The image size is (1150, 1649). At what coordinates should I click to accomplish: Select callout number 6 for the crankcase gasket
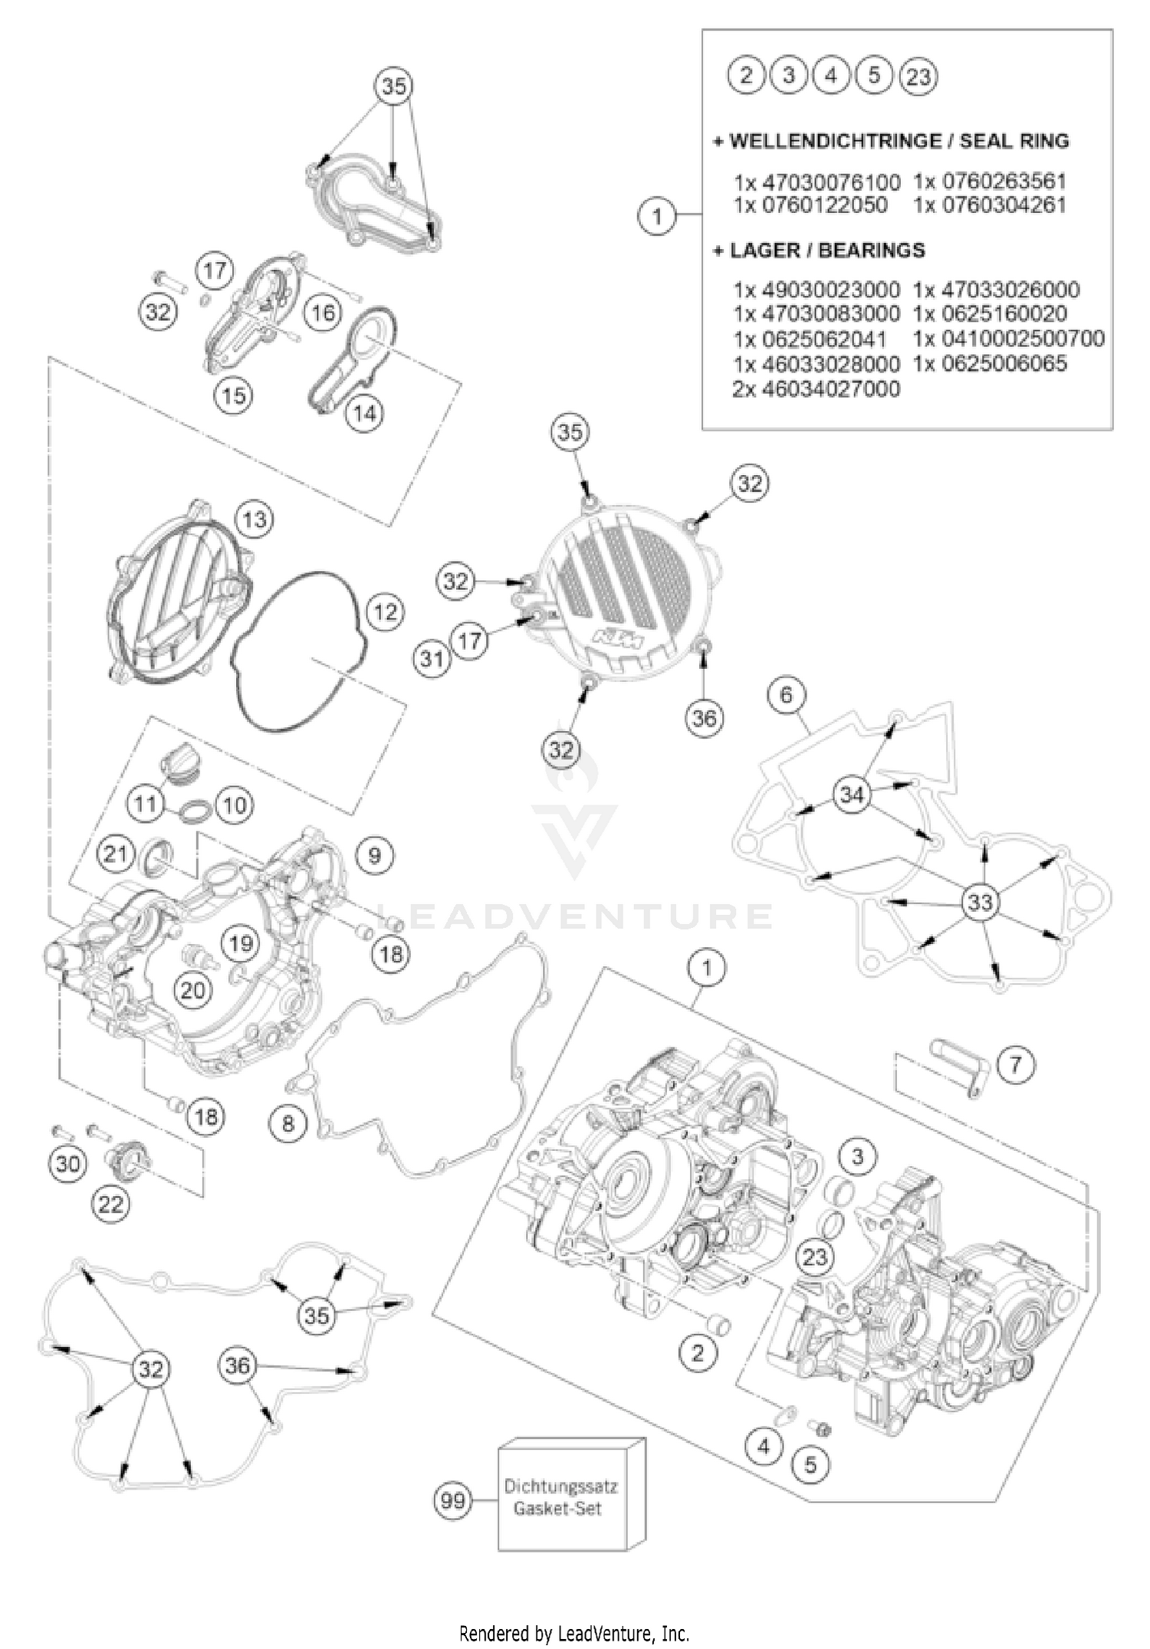point(787,696)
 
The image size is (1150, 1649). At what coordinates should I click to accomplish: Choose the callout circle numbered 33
point(980,902)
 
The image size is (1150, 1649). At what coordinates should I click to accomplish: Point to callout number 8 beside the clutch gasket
point(288,1123)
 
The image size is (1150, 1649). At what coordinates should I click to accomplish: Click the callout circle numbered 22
point(111,1204)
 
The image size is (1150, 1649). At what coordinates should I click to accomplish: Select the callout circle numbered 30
point(67,1164)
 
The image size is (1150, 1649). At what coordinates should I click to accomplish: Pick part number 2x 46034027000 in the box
point(816,388)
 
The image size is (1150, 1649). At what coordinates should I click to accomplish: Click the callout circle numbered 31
point(432,658)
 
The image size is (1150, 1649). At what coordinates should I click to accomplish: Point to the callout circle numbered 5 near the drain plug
point(810,1465)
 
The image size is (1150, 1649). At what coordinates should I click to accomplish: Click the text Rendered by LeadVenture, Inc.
point(574,1630)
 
